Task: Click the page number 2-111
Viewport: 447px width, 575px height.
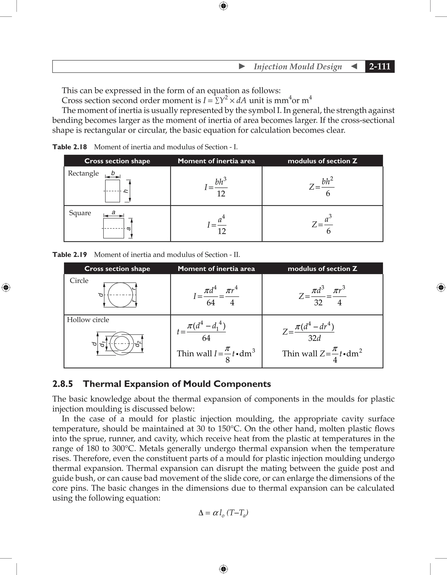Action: point(379,66)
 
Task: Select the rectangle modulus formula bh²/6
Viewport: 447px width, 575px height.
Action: point(322,187)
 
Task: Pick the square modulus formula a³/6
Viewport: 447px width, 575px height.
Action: point(322,225)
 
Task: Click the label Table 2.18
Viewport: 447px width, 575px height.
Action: point(70,147)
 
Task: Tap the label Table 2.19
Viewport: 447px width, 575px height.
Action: point(70,255)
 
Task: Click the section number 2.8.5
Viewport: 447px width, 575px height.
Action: point(63,384)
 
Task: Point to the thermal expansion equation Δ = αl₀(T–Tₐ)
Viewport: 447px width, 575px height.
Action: point(223,513)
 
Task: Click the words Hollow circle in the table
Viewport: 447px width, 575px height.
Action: point(88,320)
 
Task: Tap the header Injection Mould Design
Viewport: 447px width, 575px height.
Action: point(298,66)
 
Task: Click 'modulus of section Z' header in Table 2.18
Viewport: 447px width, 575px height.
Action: point(322,161)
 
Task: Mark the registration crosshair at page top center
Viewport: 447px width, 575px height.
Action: point(223,6)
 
